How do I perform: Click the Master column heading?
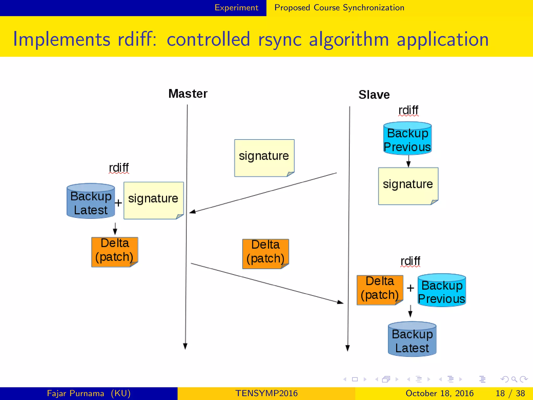coord(188,94)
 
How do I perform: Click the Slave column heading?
coord(374,95)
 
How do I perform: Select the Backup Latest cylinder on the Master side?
coord(91,201)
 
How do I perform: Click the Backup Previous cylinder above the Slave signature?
coord(408,139)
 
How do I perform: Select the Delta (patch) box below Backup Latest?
coord(115,252)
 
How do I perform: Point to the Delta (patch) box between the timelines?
coord(265,253)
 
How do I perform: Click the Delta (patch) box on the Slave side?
coord(380,290)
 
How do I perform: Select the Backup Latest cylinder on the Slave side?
coord(412,339)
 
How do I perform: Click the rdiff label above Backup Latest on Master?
coord(119,168)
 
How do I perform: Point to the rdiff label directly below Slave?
coord(408,110)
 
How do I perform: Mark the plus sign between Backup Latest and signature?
coord(118,203)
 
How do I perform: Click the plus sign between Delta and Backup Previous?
coord(410,288)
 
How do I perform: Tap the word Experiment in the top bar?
coord(236,8)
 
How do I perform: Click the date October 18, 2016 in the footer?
coord(440,393)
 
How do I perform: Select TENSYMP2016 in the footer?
coord(266,393)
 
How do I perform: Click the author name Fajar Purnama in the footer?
coord(75,393)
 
